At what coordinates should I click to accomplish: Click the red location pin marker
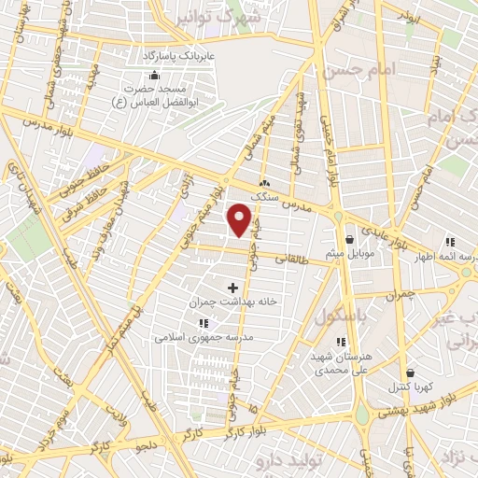[x=241, y=220]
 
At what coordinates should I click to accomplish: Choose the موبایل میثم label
[x=349, y=252]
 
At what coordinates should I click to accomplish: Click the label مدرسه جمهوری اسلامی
[x=203, y=337]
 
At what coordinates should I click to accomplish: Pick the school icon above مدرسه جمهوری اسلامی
[x=203, y=323]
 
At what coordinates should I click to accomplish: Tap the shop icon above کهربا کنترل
[x=410, y=373]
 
